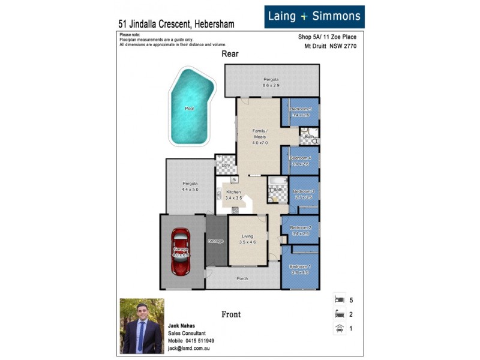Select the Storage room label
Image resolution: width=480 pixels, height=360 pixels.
215,241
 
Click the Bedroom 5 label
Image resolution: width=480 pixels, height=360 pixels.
301,109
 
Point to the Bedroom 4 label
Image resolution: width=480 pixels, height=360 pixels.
301,158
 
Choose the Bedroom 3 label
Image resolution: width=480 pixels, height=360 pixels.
304,191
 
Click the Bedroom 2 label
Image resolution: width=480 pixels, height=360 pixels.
301,228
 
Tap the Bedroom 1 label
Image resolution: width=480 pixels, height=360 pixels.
301,266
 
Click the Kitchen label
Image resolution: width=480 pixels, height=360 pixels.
233,192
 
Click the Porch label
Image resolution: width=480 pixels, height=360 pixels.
242,278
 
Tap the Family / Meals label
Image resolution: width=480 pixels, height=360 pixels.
260,133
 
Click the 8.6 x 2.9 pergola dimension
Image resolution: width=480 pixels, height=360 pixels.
271,86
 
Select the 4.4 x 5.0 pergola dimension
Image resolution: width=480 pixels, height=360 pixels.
190,190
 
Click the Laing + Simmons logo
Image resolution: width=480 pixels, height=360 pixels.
314,16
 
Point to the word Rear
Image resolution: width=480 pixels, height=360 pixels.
230,54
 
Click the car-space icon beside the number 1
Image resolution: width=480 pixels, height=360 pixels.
339,328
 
